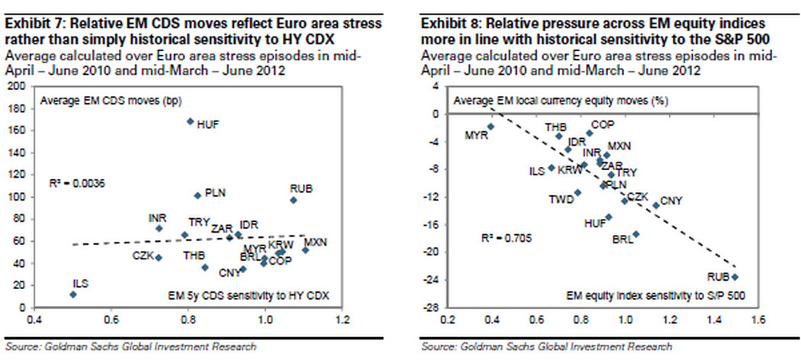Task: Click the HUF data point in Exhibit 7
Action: pos(190,121)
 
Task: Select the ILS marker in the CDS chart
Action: pos(72,294)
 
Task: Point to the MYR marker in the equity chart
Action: pos(491,127)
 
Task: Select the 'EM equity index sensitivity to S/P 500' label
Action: pos(655,294)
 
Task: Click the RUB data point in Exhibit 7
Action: pos(293,200)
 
